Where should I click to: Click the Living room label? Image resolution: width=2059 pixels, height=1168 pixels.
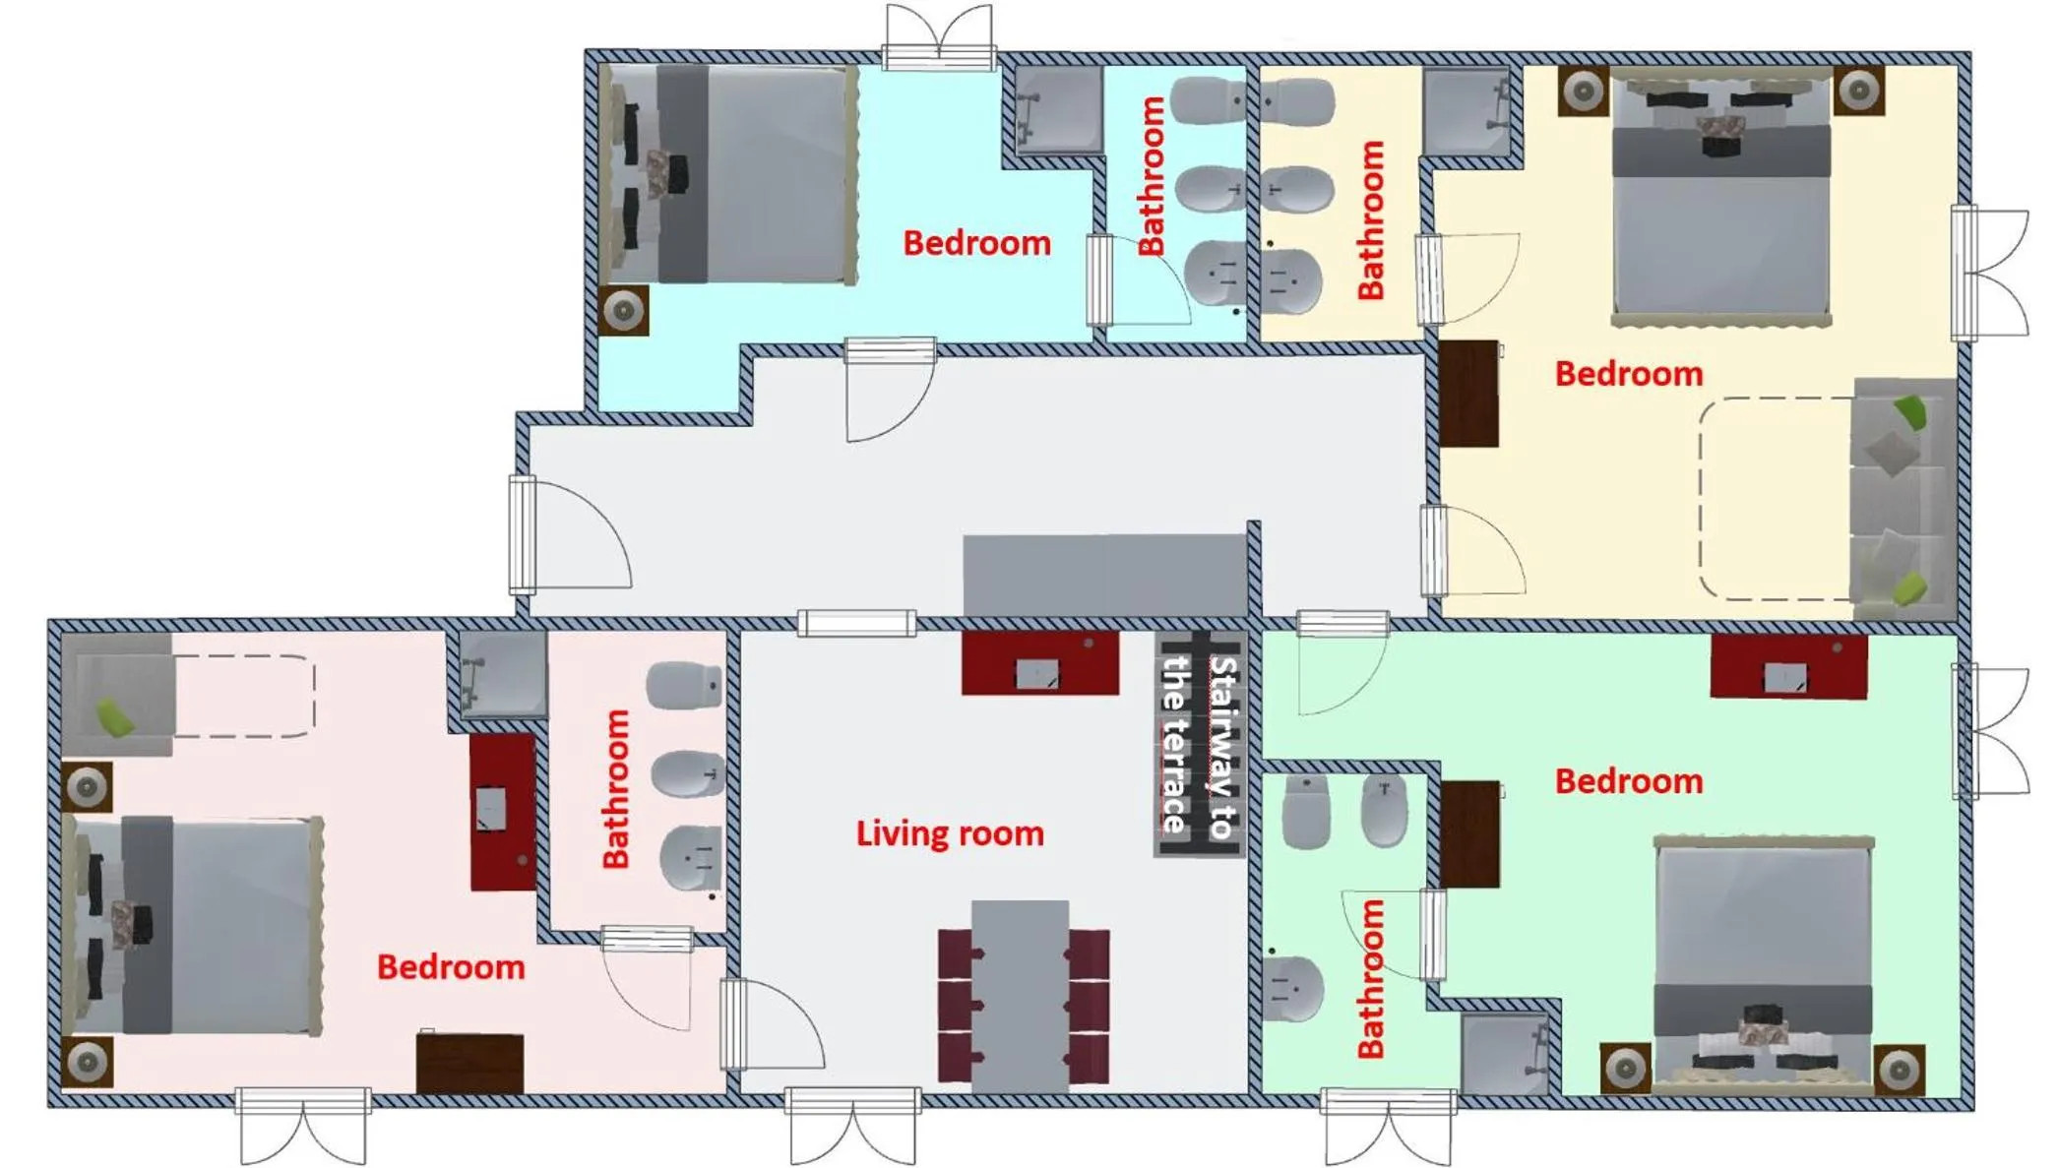pyautogui.click(x=949, y=833)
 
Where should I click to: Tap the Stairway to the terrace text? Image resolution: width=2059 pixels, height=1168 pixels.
pyautogui.click(x=1199, y=745)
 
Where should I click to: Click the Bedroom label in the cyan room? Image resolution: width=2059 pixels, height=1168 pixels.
pyautogui.click(x=976, y=243)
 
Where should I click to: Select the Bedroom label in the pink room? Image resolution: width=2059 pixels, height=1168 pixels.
pyautogui.click(x=451, y=967)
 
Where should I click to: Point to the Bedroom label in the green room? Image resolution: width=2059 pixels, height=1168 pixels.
pyautogui.click(x=1628, y=781)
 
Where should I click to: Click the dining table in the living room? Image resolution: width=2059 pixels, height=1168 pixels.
pyautogui.click(x=1021, y=994)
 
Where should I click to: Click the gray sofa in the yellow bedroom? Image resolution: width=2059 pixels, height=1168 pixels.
pyautogui.click(x=1902, y=497)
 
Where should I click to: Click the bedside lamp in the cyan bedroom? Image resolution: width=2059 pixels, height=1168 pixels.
pyautogui.click(x=623, y=311)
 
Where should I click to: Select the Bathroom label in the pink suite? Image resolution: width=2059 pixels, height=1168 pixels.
pyautogui.click(x=616, y=789)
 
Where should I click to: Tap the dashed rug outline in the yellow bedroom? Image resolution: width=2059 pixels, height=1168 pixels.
pyautogui.click(x=1774, y=498)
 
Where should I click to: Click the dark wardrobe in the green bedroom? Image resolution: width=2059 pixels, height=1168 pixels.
pyautogui.click(x=1470, y=833)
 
